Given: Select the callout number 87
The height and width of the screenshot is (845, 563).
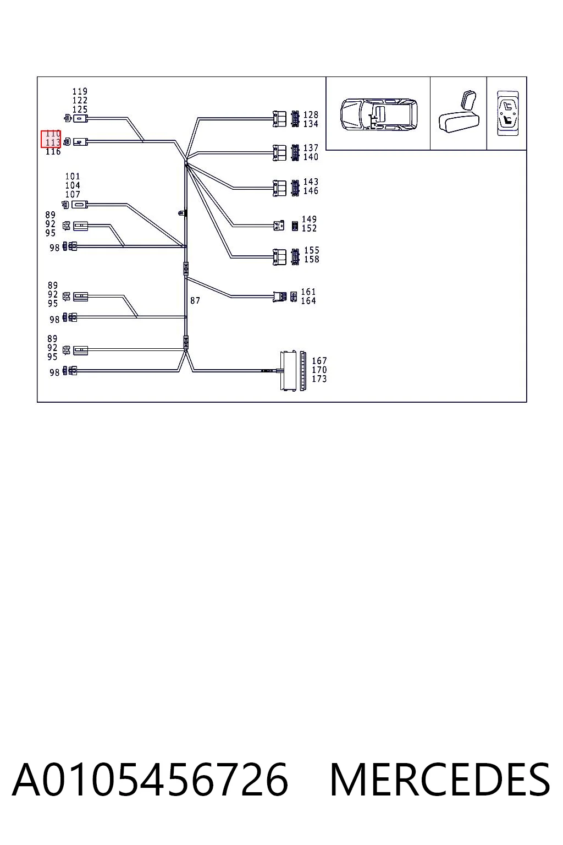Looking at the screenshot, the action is (195, 301).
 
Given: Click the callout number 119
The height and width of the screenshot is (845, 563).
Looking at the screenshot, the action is (80, 91).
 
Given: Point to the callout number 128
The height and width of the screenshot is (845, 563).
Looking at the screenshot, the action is (311, 114).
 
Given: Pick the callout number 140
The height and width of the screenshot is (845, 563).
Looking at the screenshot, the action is (311, 157).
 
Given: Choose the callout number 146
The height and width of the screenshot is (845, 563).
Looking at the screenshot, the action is (311, 191).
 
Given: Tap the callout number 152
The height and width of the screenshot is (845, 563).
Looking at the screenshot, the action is (309, 228).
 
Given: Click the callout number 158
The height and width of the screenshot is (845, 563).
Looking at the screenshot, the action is (312, 260).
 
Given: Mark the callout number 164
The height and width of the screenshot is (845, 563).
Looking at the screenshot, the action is (308, 301).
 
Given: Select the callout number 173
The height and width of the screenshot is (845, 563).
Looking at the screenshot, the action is (319, 379).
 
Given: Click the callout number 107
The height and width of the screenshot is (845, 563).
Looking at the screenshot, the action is (73, 195).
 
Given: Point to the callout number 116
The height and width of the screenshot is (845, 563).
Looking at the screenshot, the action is (53, 152).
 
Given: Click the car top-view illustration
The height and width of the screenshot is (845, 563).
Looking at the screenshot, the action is (379, 114).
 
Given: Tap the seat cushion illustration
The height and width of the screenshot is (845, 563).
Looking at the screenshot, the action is (459, 112).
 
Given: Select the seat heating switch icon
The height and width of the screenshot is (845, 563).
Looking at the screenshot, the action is (507, 113).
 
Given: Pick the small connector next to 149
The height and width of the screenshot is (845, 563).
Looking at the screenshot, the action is (279, 226).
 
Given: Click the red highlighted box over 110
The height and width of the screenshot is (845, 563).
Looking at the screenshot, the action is (51, 139).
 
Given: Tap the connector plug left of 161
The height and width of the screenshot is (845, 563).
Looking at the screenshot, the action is (280, 297).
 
